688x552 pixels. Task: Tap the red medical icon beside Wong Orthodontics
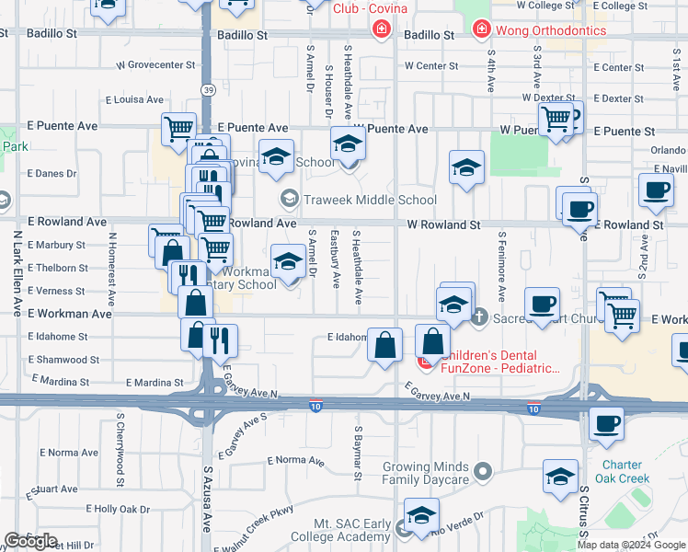coord(480,30)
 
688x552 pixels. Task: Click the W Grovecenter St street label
coord(155,66)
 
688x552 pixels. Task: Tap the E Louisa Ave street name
coord(134,99)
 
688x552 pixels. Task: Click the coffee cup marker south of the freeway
coord(606,424)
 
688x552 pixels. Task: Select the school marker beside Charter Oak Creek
coord(560,477)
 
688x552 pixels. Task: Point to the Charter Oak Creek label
coord(626,471)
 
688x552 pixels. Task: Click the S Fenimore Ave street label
coord(502,266)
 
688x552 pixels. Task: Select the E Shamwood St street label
coord(63,360)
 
